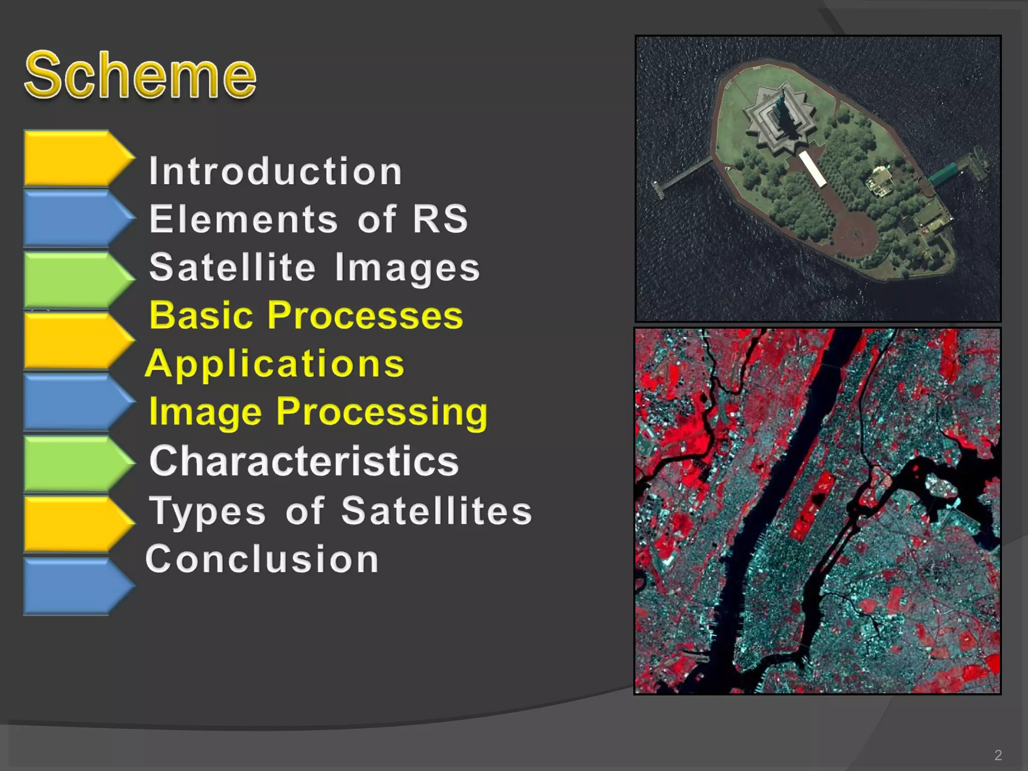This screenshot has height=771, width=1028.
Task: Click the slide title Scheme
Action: (x=141, y=75)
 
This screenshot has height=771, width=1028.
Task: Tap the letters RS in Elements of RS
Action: (x=440, y=219)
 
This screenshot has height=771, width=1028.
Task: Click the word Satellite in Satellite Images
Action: (x=232, y=268)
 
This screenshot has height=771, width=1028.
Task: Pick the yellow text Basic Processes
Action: (x=306, y=316)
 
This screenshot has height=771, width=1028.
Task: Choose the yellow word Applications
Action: (x=275, y=364)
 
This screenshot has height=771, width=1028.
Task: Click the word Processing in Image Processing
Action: (x=381, y=412)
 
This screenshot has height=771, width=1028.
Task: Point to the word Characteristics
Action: (x=304, y=461)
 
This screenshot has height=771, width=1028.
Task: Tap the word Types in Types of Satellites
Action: (x=207, y=511)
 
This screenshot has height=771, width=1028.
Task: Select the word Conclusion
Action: (x=262, y=559)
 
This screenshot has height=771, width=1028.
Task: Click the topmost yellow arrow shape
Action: (x=75, y=158)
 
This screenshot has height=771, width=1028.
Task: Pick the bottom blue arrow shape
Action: (x=75, y=586)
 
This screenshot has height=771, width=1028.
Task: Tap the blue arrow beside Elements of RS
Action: (x=75, y=218)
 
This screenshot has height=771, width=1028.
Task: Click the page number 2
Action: (x=998, y=755)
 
